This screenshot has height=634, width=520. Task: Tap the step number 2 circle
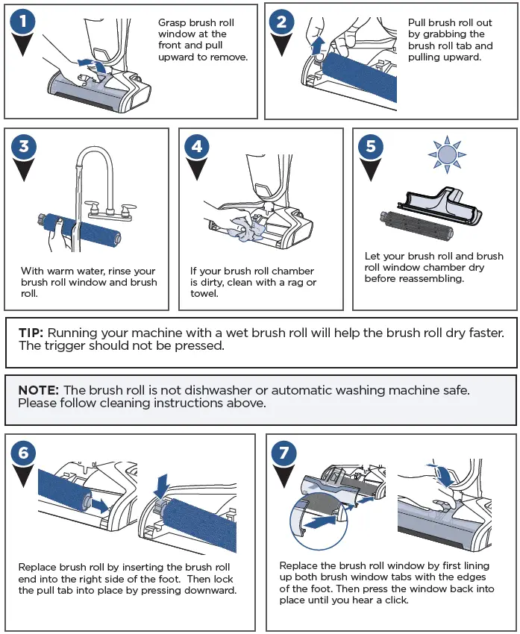281,22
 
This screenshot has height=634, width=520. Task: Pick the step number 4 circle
197,146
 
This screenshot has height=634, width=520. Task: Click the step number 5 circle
371,146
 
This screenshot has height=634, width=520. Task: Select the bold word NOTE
37,390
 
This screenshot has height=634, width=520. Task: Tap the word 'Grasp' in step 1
174,22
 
